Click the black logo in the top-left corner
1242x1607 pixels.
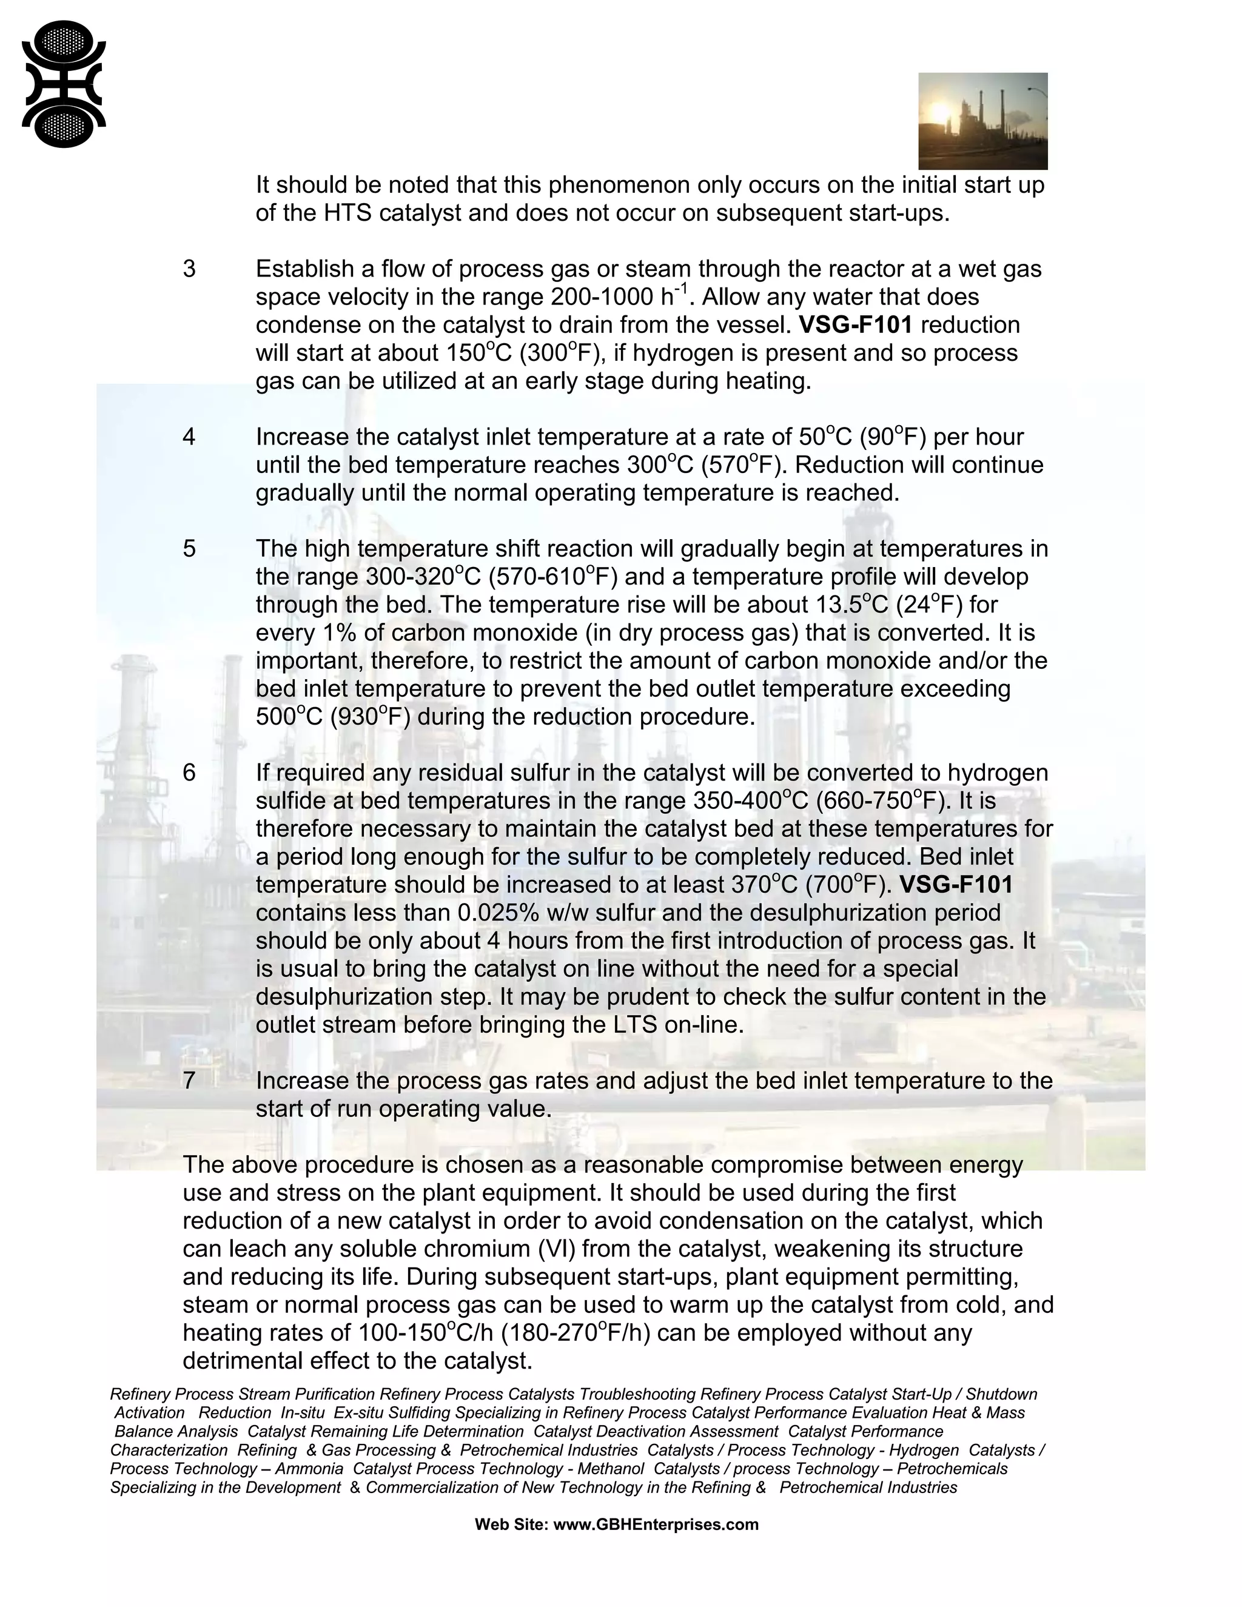click(x=64, y=84)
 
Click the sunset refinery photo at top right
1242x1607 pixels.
click(x=982, y=121)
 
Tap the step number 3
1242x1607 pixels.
click(x=189, y=269)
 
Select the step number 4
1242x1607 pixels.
click(x=189, y=437)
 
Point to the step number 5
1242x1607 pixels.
click(x=189, y=549)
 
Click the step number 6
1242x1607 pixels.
click(x=189, y=773)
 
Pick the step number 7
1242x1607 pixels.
click(x=189, y=1080)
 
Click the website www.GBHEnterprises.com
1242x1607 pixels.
click(x=656, y=1525)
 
